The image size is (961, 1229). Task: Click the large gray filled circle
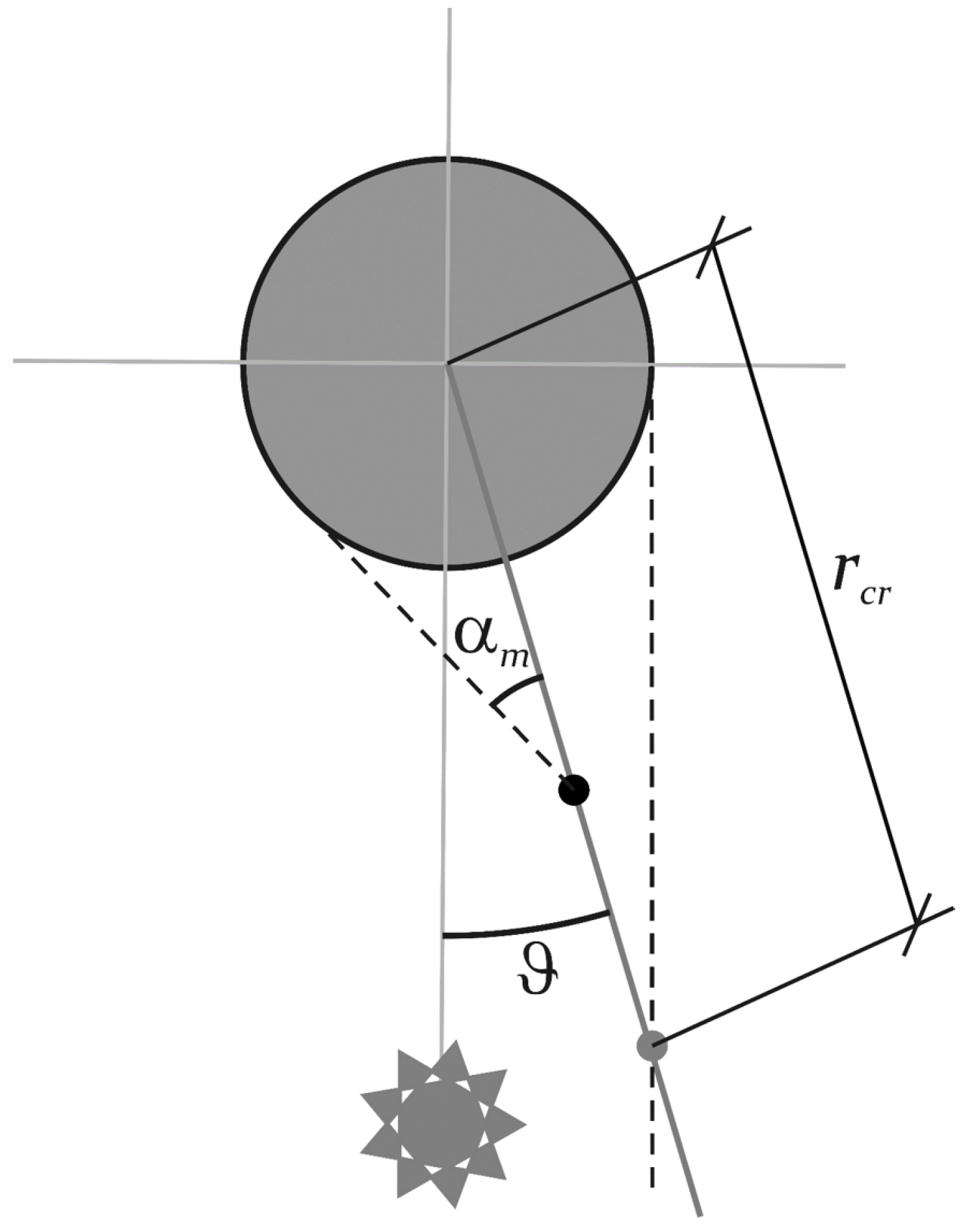[x=364, y=293]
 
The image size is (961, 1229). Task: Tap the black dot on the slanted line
[x=573, y=790]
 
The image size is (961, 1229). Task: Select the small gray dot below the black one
[x=652, y=1046]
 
